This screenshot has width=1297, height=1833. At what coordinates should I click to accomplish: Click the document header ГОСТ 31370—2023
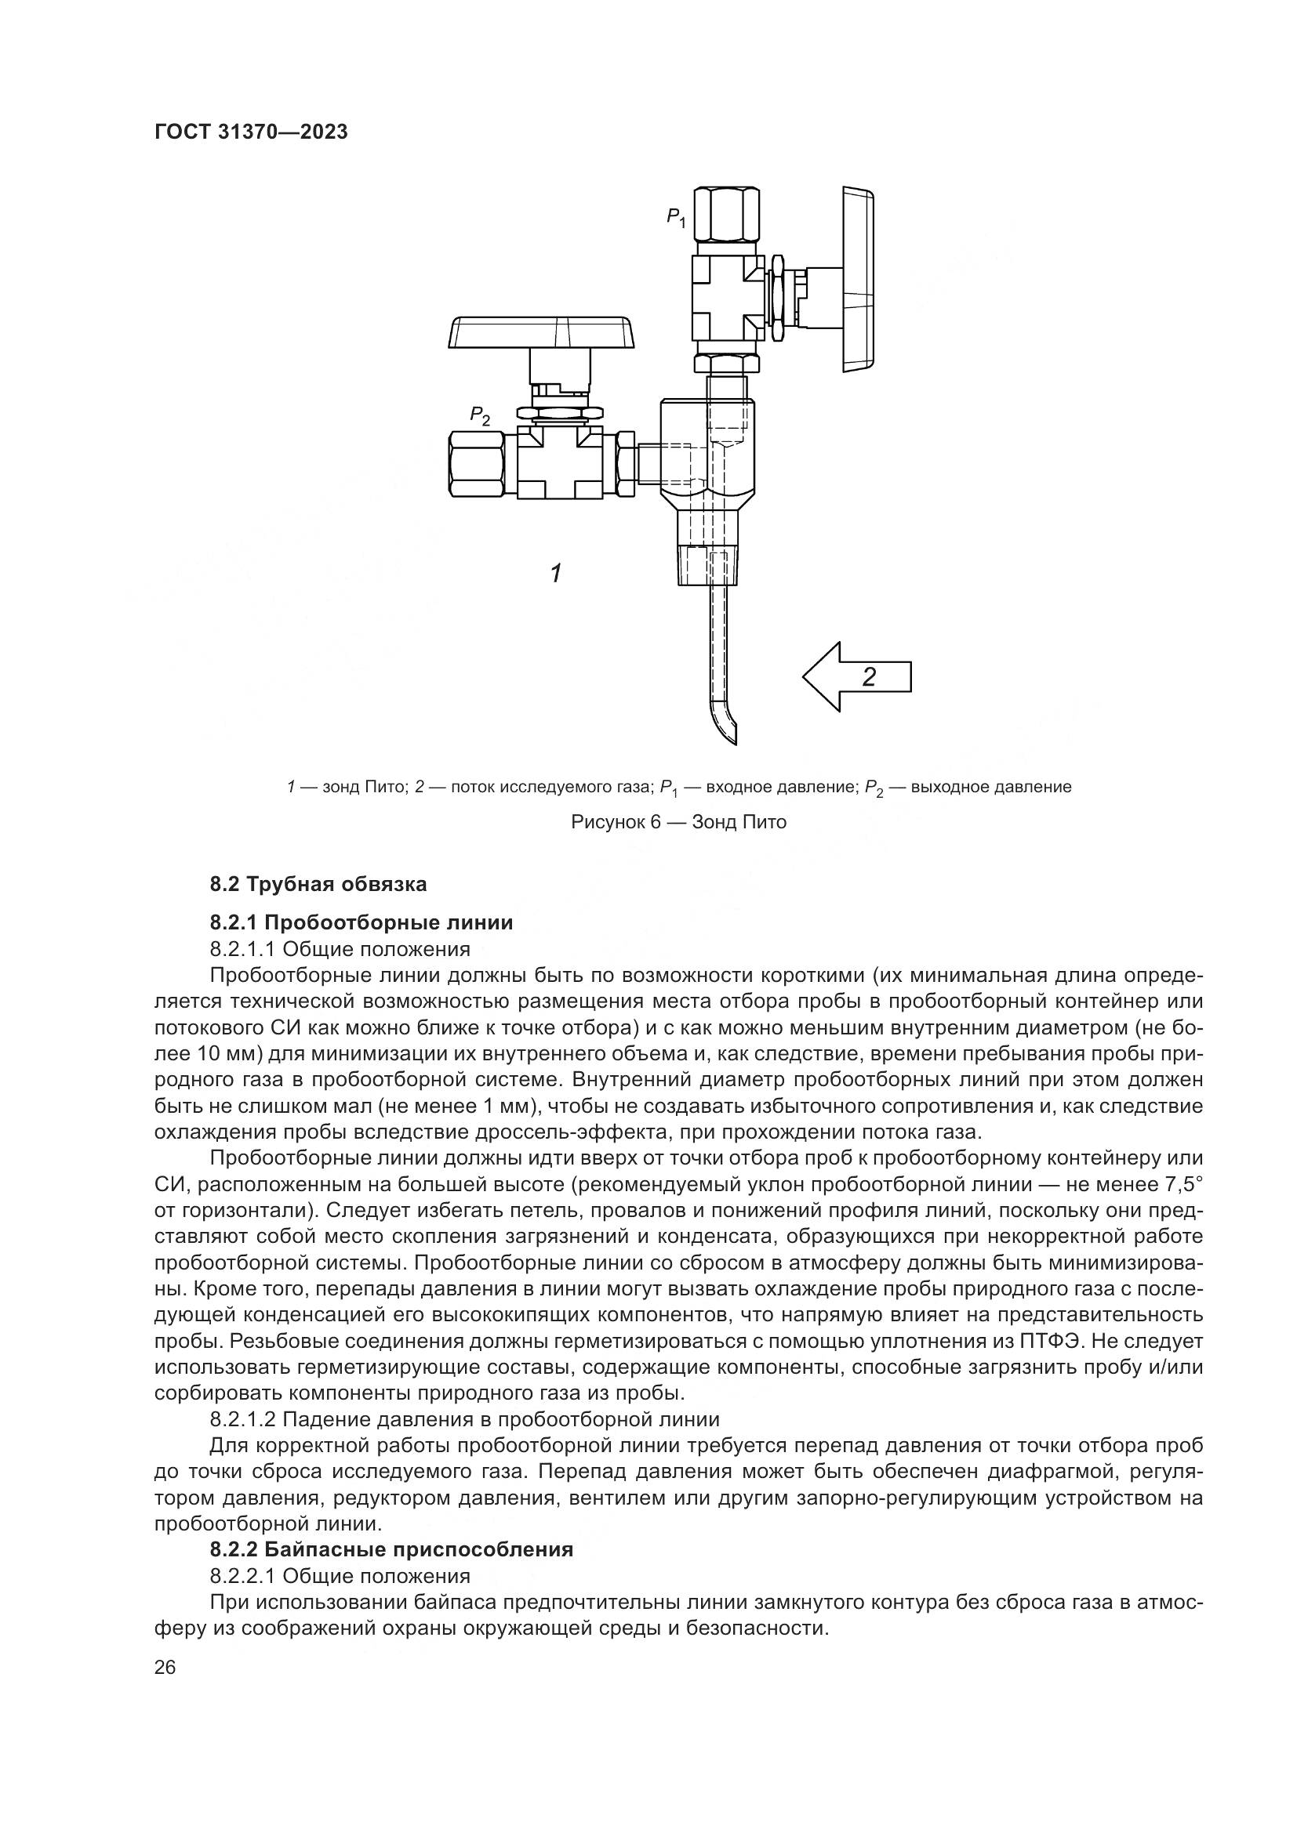(251, 132)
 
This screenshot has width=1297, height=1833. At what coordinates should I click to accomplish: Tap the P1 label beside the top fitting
(677, 216)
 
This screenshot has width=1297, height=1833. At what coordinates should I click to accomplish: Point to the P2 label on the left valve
(480, 415)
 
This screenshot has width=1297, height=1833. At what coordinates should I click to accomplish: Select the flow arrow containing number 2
(857, 676)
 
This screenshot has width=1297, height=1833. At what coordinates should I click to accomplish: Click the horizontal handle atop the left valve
(543, 333)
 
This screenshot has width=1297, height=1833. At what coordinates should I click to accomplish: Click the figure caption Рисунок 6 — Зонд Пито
(679, 822)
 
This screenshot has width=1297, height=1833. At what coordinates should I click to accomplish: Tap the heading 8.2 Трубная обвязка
(318, 885)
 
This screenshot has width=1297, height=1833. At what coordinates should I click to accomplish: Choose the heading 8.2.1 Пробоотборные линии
(361, 923)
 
